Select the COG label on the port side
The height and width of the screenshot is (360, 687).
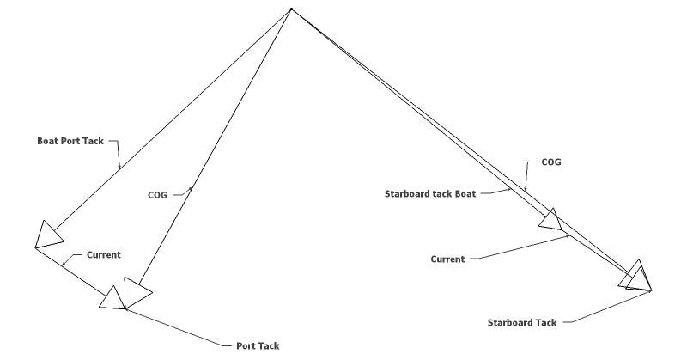[x=159, y=195]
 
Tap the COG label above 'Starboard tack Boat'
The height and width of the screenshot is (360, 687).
[x=551, y=162]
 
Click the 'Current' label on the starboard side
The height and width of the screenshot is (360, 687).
[x=447, y=259]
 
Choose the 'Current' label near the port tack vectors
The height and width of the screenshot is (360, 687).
[x=104, y=254]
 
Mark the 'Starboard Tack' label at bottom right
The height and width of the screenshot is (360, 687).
[x=522, y=323]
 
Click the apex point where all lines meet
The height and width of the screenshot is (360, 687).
[x=291, y=10]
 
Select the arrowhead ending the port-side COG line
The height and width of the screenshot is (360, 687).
[x=137, y=293]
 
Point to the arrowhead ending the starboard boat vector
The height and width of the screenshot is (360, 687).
[x=551, y=220]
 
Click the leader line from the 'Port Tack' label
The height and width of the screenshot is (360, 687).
[x=180, y=327]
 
